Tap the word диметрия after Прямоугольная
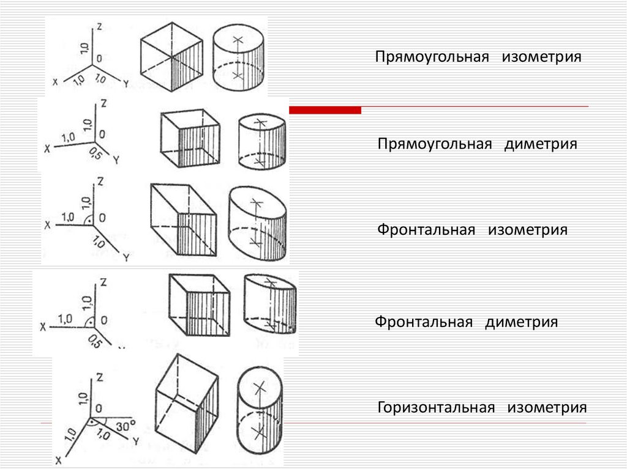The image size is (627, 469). pos(541,144)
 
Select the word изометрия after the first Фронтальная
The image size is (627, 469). pos(528,231)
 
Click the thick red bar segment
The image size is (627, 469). pos(325,110)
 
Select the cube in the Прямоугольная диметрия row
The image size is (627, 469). pos(189,138)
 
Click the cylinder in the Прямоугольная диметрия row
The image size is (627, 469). pos(261,141)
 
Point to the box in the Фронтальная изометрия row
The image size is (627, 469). pos(182,220)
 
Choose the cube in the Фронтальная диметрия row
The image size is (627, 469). pos(199,305)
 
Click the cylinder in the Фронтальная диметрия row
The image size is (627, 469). pos(269,304)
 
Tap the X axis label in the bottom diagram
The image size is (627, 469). pos(59,459)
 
